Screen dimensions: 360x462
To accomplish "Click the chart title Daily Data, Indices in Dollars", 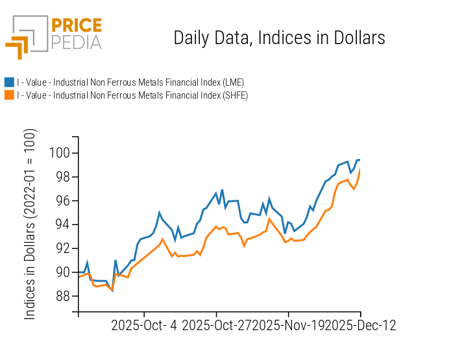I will coord(279,38).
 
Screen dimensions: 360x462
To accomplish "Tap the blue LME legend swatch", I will coord(9,82).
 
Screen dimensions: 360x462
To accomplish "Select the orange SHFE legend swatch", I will coord(9,95).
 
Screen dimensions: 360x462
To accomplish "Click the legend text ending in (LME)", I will coord(130,82).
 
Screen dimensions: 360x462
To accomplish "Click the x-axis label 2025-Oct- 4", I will coord(144,326).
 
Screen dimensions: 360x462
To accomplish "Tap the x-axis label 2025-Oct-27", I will coord(217,326).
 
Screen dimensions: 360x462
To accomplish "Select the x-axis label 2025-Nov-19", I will coord(288,326).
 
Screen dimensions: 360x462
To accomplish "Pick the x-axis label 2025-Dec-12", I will coord(360,326).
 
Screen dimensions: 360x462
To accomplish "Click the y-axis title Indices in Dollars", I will coord(30,224).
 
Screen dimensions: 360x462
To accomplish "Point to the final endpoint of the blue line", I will coord(360,160).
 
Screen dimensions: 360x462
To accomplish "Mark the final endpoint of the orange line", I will coord(360,170).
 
